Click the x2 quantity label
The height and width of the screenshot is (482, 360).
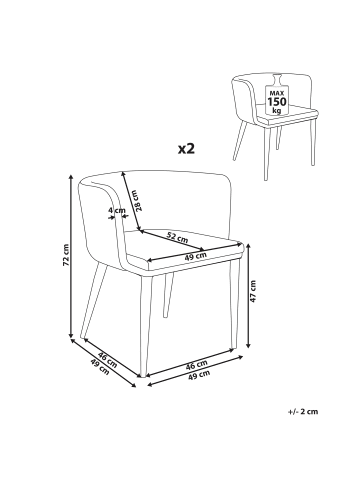tap(186, 148)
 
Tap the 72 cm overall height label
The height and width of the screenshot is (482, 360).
tap(66, 255)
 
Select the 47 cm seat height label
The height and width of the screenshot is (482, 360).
tap(253, 291)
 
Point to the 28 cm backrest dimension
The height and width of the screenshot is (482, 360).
tap(140, 201)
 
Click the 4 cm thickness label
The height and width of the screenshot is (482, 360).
tap(117, 210)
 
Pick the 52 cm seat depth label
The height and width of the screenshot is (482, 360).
tap(177, 237)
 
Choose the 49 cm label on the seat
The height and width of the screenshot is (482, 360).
tap(196, 256)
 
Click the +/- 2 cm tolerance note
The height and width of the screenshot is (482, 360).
tap(303, 411)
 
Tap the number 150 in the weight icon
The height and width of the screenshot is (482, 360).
tap(277, 101)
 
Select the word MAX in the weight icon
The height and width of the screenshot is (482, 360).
tap(277, 93)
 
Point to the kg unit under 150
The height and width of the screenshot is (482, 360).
tap(277, 110)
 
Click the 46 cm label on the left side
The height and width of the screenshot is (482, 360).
tap(107, 360)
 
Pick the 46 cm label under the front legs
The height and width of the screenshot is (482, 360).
tap(197, 365)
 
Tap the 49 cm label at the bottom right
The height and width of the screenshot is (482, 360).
tap(199, 375)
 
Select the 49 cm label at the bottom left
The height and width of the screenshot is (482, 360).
tap(99, 367)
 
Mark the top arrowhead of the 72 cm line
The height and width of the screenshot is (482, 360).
tap(71, 177)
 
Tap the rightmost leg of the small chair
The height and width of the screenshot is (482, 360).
tap(312, 142)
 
